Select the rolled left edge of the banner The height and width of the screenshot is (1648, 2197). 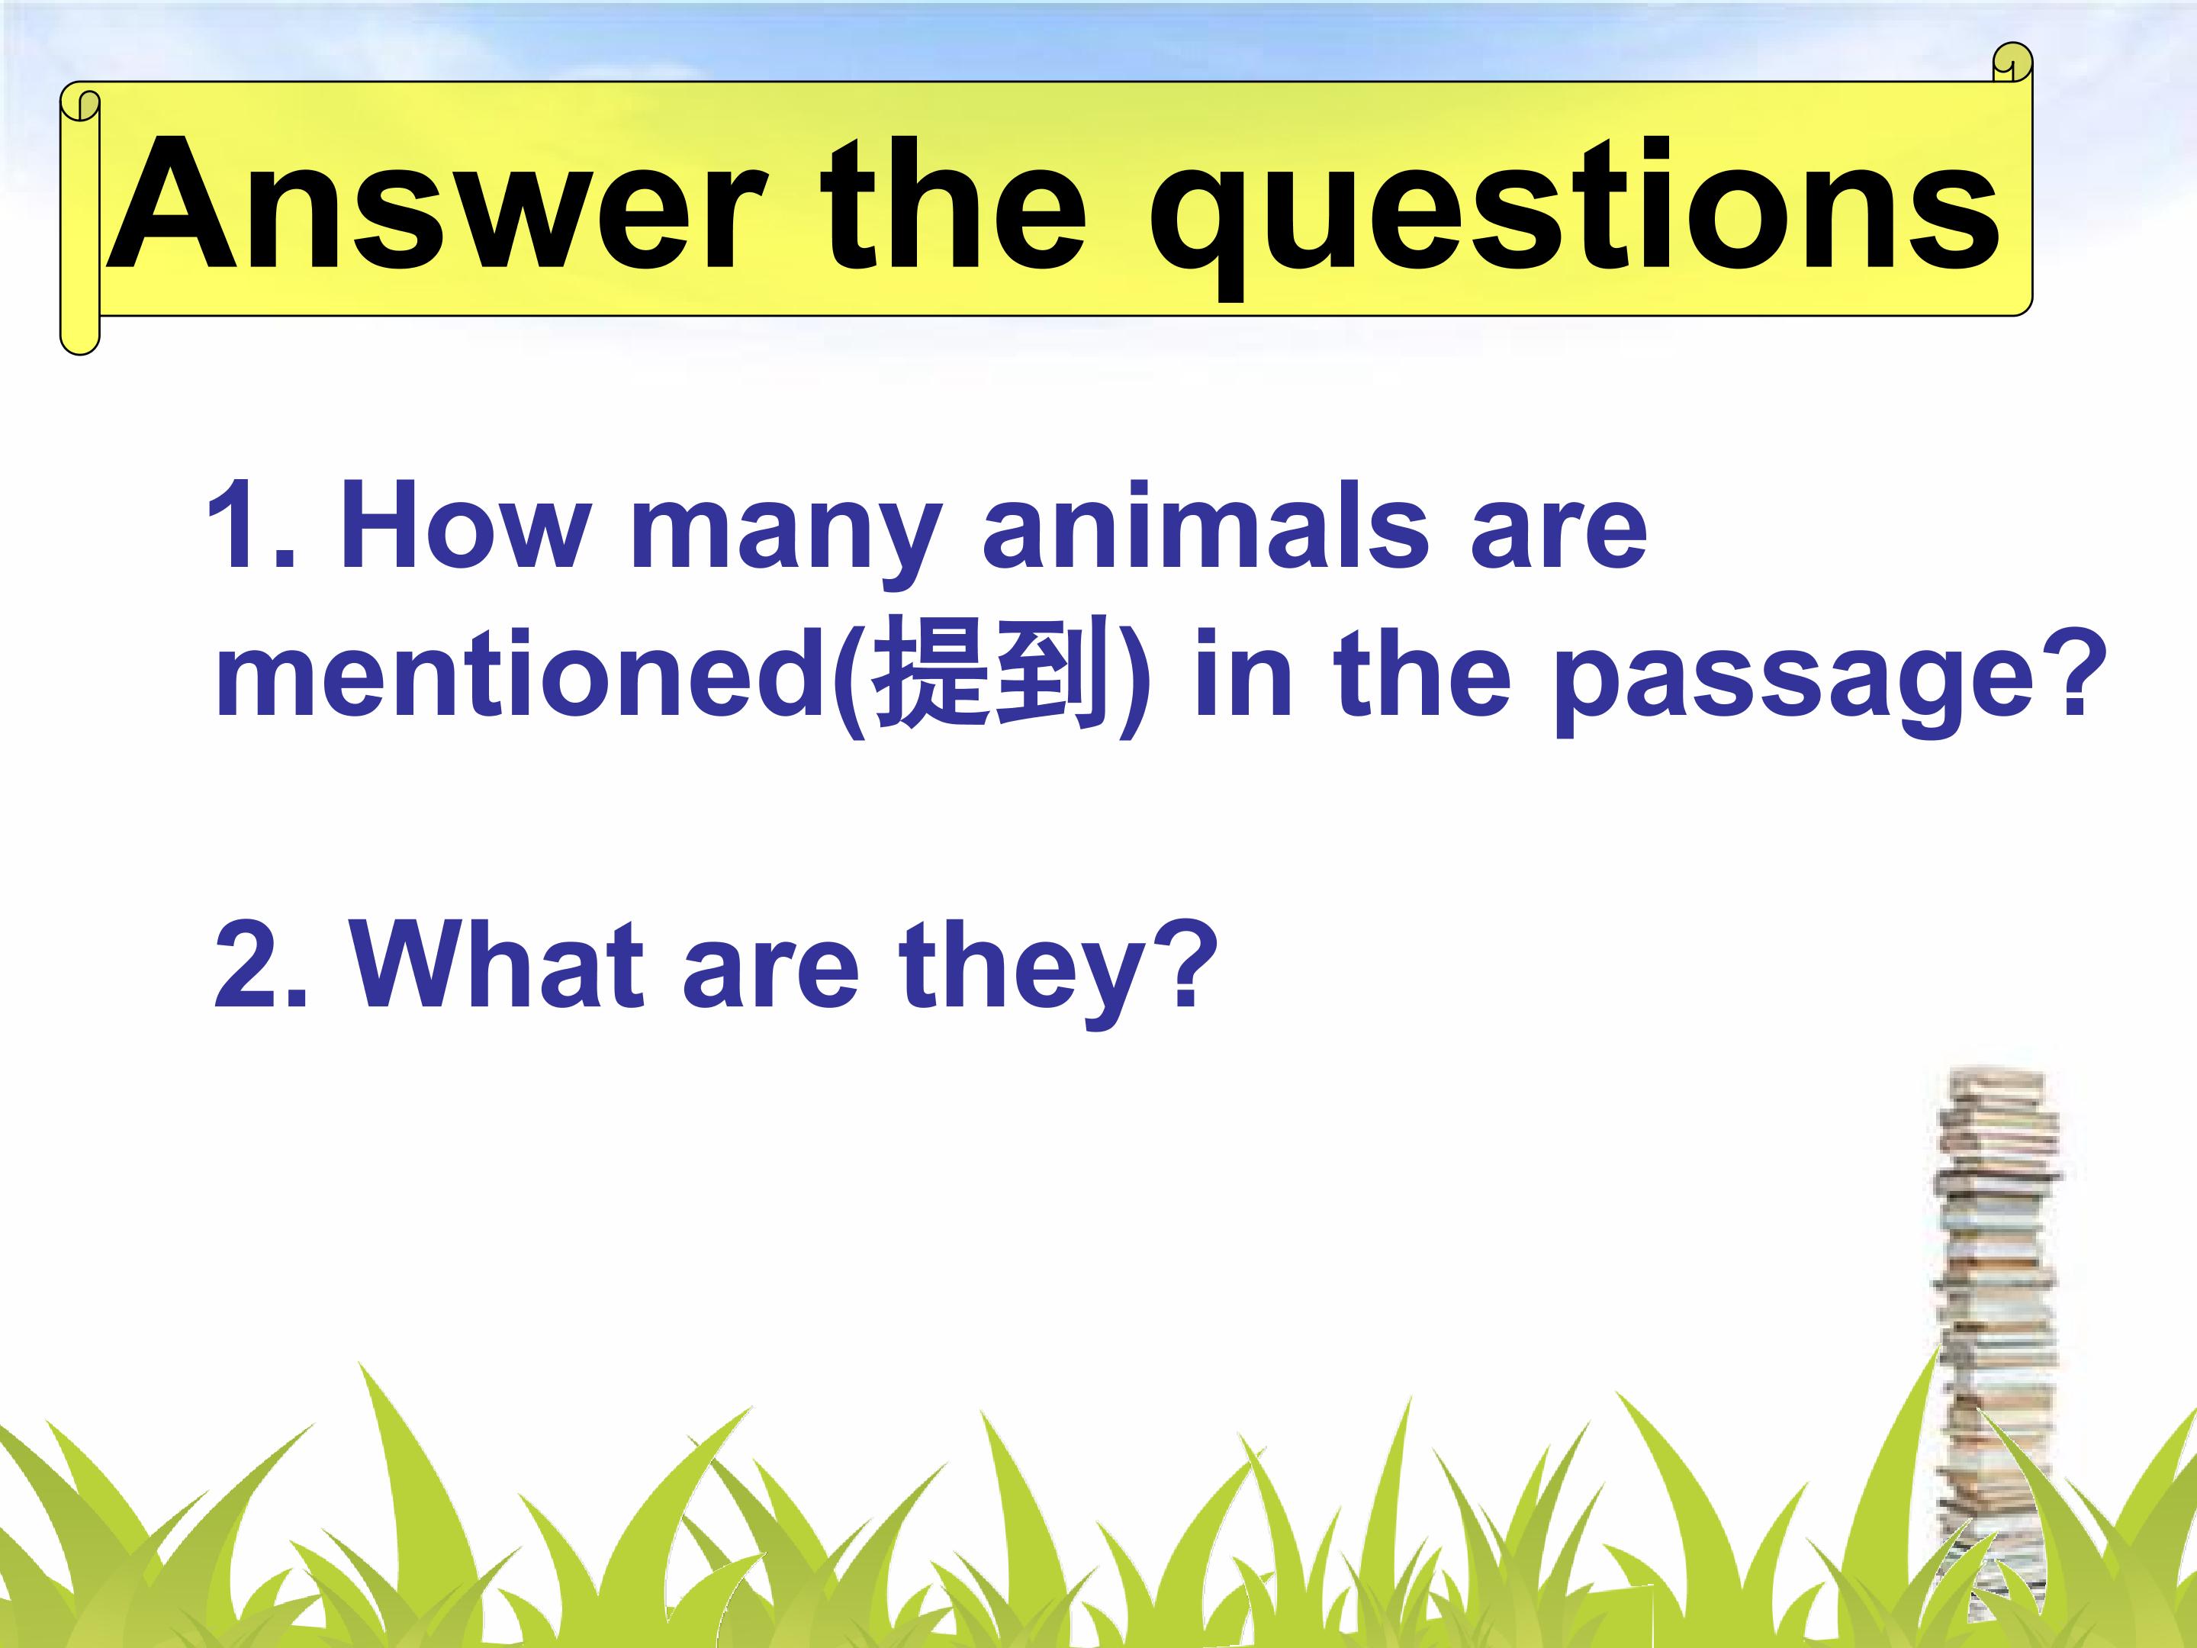pos(79,218)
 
